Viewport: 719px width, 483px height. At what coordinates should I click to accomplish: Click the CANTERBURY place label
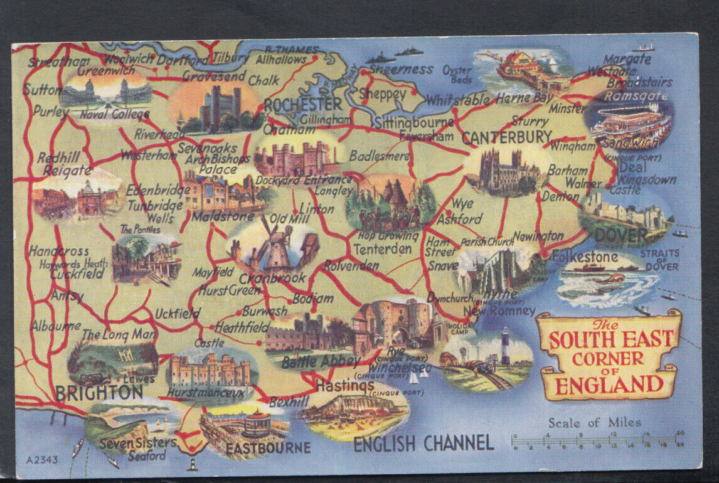tap(507, 137)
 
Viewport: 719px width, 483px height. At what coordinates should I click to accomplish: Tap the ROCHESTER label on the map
tap(302, 104)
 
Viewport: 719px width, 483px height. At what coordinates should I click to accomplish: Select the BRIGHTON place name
tap(99, 393)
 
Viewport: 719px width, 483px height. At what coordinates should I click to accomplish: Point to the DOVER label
tap(621, 236)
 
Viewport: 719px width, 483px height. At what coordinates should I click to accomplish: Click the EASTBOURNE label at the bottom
tap(268, 448)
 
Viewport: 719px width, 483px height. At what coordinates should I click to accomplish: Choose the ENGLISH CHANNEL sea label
tap(423, 443)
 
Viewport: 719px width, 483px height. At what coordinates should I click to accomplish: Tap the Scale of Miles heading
tap(595, 423)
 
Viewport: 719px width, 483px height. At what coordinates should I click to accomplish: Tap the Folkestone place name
tap(585, 257)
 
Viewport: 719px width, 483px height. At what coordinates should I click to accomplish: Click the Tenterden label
tap(382, 249)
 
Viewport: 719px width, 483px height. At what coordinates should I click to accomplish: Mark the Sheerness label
tap(401, 69)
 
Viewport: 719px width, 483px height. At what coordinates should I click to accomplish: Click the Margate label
tap(627, 59)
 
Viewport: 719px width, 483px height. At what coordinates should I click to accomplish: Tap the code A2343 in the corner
tap(43, 460)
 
